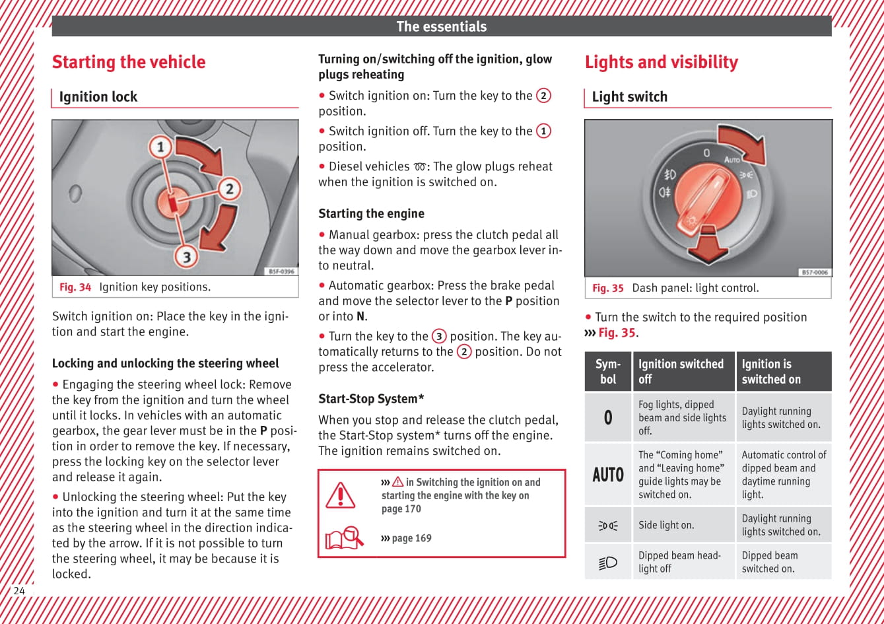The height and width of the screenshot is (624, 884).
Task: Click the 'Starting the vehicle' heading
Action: (129, 62)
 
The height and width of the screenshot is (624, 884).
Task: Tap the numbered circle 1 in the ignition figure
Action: (160, 147)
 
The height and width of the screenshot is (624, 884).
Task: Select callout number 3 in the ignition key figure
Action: (186, 256)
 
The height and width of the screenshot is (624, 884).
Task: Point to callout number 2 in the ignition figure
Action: (229, 190)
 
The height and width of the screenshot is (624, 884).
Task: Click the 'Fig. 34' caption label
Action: (75, 287)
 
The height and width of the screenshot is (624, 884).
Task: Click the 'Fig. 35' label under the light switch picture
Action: (607, 288)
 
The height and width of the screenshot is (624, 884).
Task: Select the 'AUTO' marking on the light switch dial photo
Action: (732, 160)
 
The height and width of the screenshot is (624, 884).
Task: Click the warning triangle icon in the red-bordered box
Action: (341, 495)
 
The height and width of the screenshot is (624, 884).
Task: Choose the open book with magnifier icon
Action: (344, 537)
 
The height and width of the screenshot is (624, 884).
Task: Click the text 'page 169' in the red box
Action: (411, 538)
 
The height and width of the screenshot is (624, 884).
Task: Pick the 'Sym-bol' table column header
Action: (608, 372)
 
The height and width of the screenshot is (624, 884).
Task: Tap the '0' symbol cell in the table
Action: (608, 417)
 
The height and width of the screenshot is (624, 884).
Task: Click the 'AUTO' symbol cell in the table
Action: (608, 475)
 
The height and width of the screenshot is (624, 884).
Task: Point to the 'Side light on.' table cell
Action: (666, 525)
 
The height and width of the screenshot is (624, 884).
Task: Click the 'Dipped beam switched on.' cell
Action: (769, 562)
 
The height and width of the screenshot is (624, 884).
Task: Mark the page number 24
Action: (19, 591)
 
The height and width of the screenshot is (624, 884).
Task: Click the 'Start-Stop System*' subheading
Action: (371, 399)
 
